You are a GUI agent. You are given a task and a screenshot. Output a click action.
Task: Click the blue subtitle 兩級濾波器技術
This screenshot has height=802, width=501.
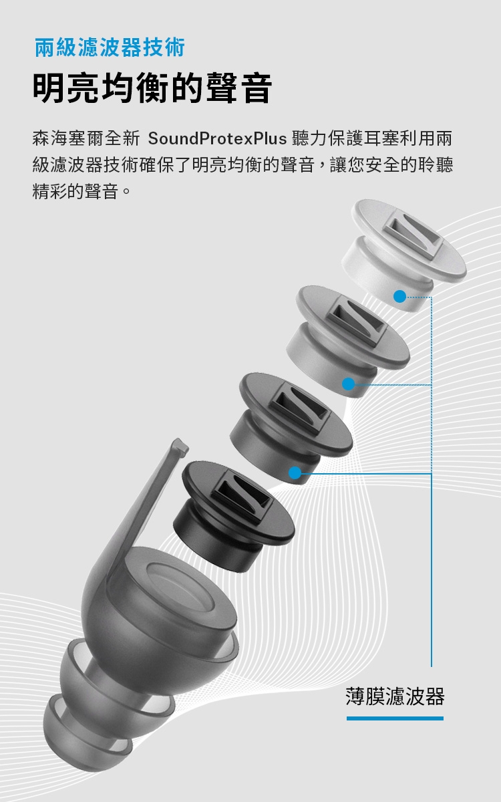[x=110, y=48]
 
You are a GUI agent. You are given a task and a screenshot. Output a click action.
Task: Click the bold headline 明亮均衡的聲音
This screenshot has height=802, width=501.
[x=152, y=89]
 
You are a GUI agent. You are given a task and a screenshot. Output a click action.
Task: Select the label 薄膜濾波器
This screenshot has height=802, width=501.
[x=395, y=696]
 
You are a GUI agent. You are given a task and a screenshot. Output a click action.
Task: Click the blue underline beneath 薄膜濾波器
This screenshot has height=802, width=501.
[x=395, y=718]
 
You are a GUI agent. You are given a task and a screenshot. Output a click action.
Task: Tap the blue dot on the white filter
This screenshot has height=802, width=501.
[x=399, y=296]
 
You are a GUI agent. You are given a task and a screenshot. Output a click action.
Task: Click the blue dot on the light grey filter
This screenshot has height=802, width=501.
[x=348, y=384]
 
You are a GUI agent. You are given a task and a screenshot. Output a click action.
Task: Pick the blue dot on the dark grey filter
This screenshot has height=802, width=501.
[x=295, y=473]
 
